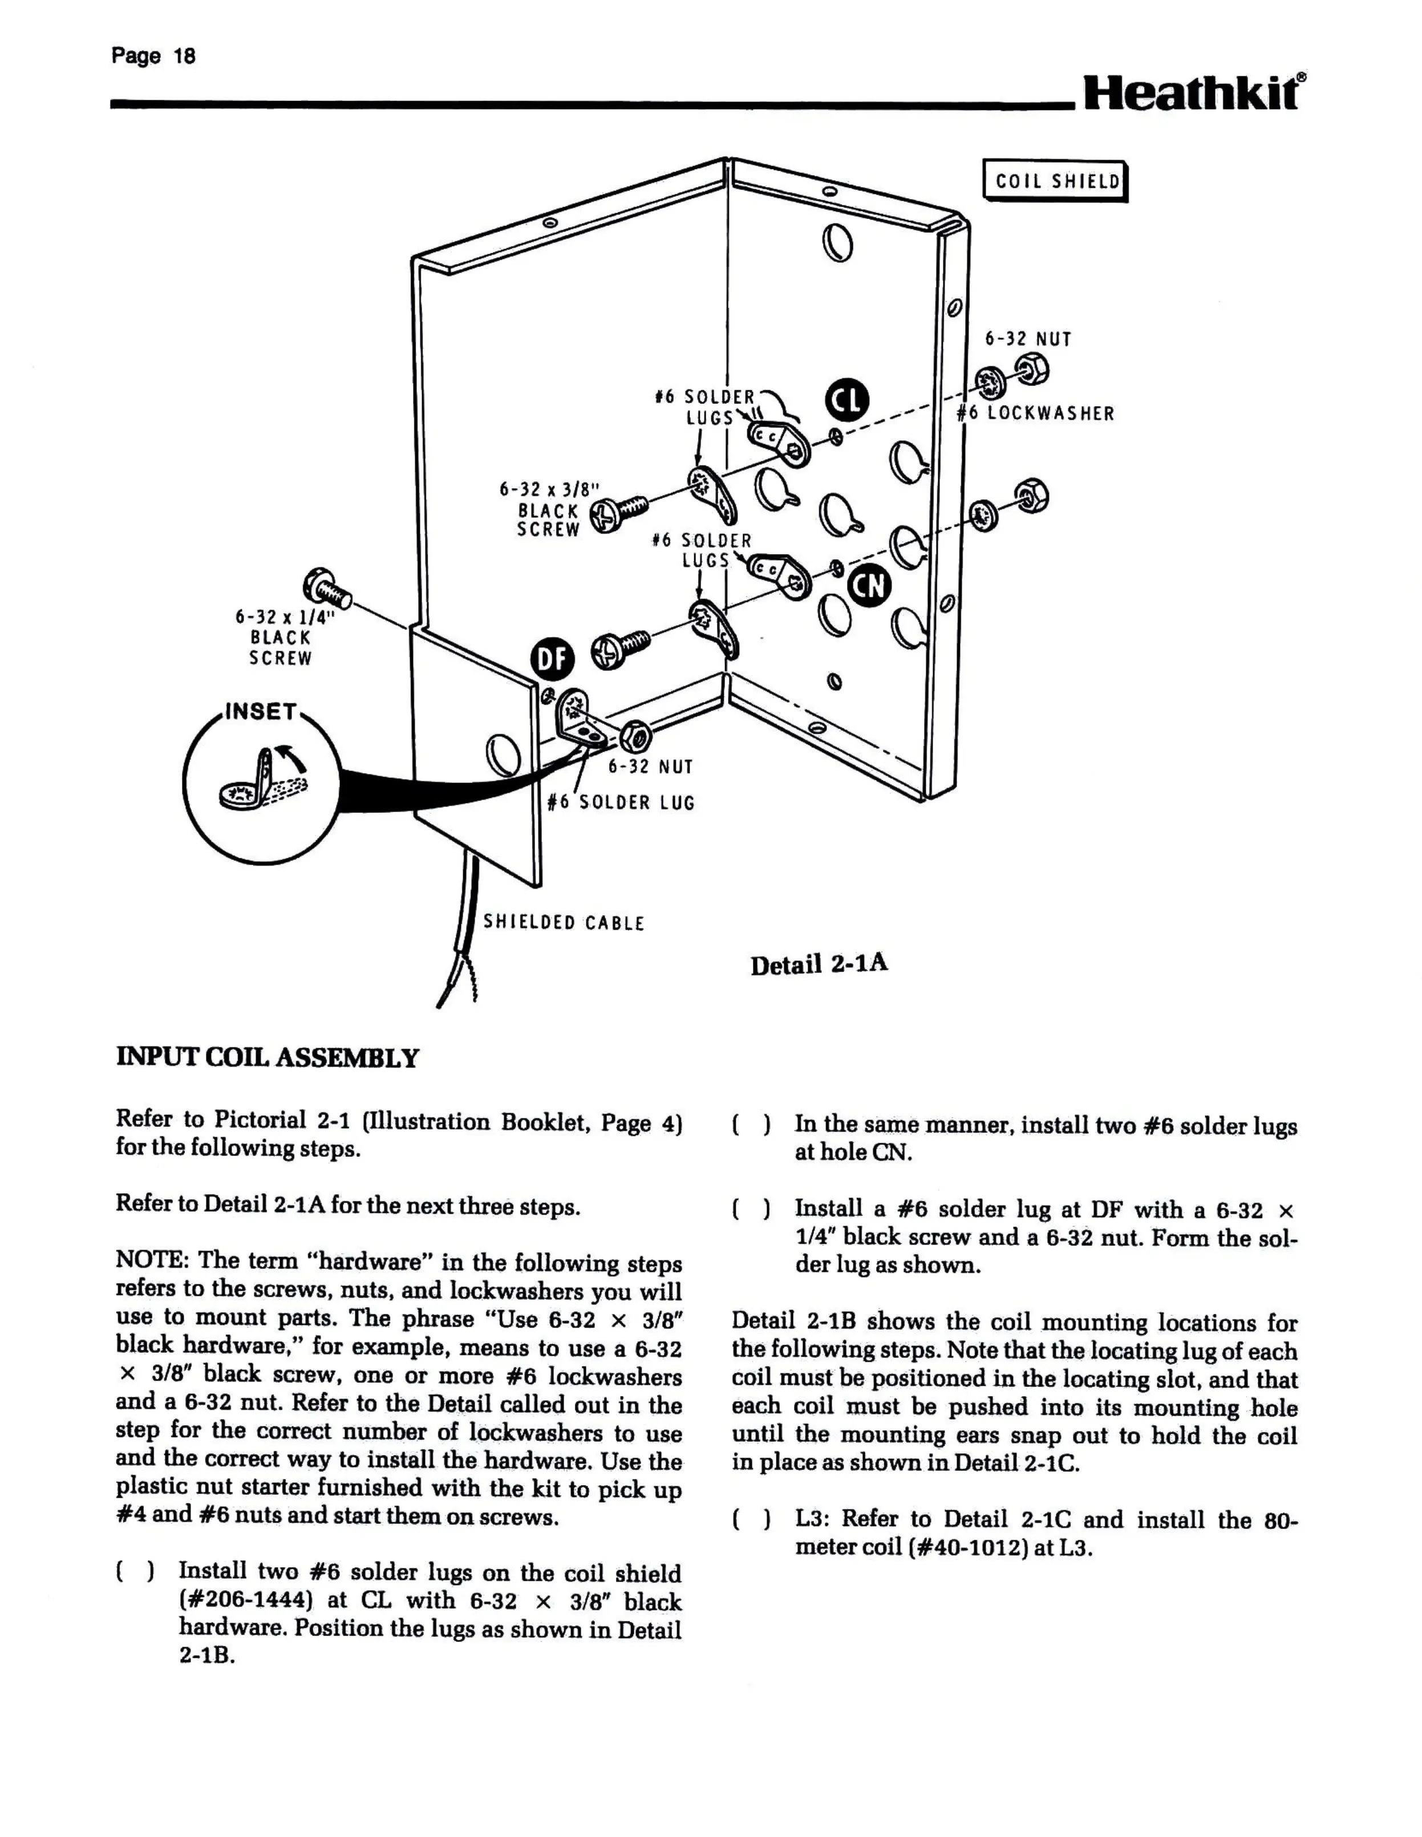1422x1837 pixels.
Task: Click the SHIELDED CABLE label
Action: click(563, 923)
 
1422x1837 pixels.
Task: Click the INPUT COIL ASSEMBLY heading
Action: click(267, 1057)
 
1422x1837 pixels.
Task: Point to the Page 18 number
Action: click(153, 56)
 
